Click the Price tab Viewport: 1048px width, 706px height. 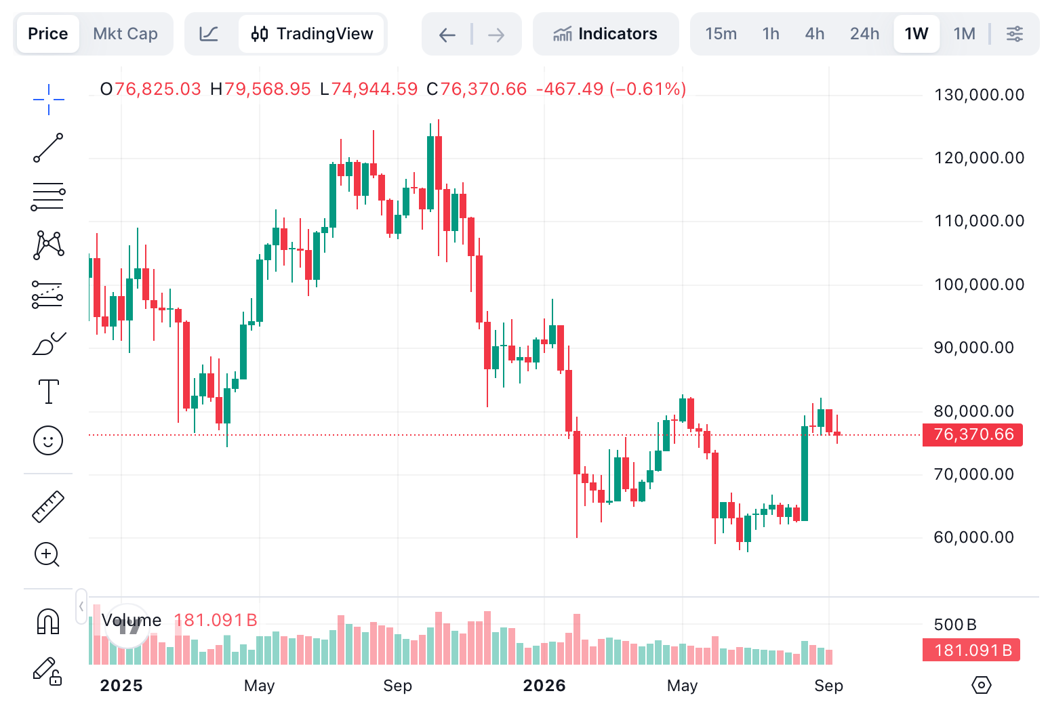point(47,34)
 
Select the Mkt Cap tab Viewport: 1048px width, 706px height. point(125,34)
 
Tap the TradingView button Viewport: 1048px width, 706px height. point(312,34)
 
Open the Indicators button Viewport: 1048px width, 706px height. point(605,34)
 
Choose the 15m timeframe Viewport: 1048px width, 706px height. point(721,34)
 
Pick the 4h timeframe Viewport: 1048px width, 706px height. point(815,34)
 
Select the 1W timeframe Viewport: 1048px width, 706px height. point(916,34)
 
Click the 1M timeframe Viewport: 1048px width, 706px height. point(964,34)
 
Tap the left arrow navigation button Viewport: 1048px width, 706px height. point(447,35)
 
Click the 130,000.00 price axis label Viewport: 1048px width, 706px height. point(980,95)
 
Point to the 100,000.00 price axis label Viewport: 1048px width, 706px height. point(980,285)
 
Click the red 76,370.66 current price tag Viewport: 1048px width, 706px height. point(973,434)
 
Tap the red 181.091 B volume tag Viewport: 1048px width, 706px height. point(971,650)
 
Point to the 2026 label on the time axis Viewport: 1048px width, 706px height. point(544,686)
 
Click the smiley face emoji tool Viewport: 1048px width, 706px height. point(47,440)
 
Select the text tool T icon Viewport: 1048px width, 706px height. point(48,392)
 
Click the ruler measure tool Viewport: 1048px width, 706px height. point(47,506)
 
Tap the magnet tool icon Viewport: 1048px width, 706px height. point(47,621)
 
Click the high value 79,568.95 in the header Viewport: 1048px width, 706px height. point(267,89)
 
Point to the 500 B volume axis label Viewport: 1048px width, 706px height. point(955,625)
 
